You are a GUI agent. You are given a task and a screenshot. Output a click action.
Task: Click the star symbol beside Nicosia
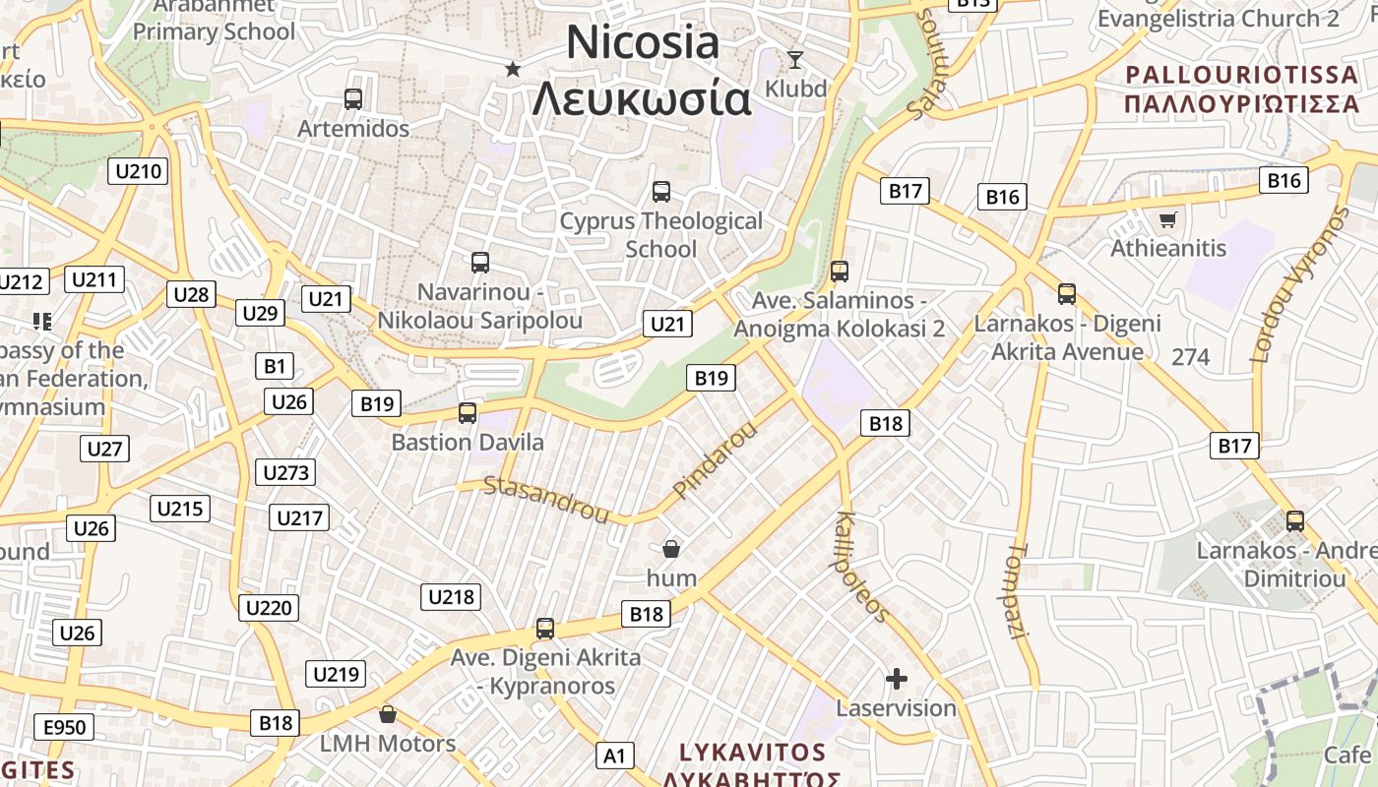pos(512,69)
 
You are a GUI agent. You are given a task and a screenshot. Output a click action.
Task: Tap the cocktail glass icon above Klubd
pos(794,59)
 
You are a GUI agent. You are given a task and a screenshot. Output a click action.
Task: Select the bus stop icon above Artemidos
pos(352,98)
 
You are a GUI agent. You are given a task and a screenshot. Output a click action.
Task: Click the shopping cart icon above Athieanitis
pos(1167,219)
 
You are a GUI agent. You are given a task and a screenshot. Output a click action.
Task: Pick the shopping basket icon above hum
pos(671,548)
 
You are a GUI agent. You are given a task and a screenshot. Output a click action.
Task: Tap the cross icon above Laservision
pos(896,679)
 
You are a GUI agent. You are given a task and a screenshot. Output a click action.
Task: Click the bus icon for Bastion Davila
pos(468,413)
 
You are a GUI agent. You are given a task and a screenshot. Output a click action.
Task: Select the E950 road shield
pos(65,728)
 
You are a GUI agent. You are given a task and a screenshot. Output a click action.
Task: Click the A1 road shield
pos(614,756)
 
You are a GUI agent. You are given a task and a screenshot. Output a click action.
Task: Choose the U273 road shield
pos(286,472)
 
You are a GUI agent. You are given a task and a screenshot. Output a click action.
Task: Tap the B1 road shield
pos(274,367)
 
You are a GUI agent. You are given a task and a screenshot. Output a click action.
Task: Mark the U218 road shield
pos(451,596)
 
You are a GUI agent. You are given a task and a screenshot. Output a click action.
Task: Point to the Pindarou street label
pos(717,459)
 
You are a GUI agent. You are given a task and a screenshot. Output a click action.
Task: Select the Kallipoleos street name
pos(862,567)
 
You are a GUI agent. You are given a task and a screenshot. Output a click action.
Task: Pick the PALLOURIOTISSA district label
pos(1242,75)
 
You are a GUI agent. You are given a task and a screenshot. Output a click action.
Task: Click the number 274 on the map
pos(1190,357)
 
